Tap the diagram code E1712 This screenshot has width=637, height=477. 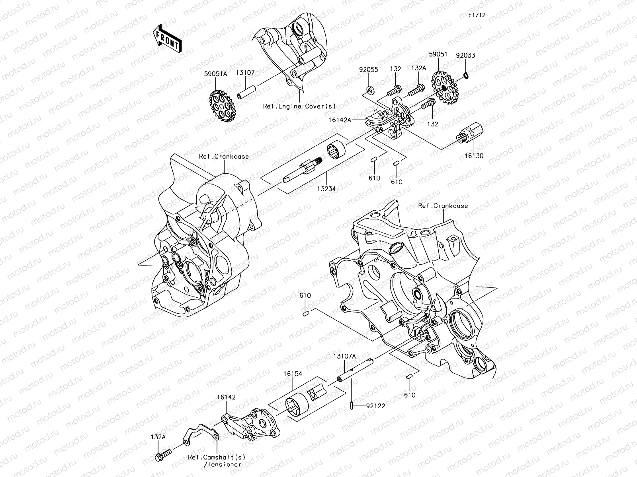coord(477,15)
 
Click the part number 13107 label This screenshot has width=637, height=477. coord(256,73)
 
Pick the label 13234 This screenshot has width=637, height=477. coord(326,189)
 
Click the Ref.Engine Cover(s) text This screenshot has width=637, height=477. coord(299,106)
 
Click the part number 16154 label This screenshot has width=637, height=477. coord(293,374)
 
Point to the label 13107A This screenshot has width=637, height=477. coord(344,357)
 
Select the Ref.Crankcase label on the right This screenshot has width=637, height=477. coord(443,206)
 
